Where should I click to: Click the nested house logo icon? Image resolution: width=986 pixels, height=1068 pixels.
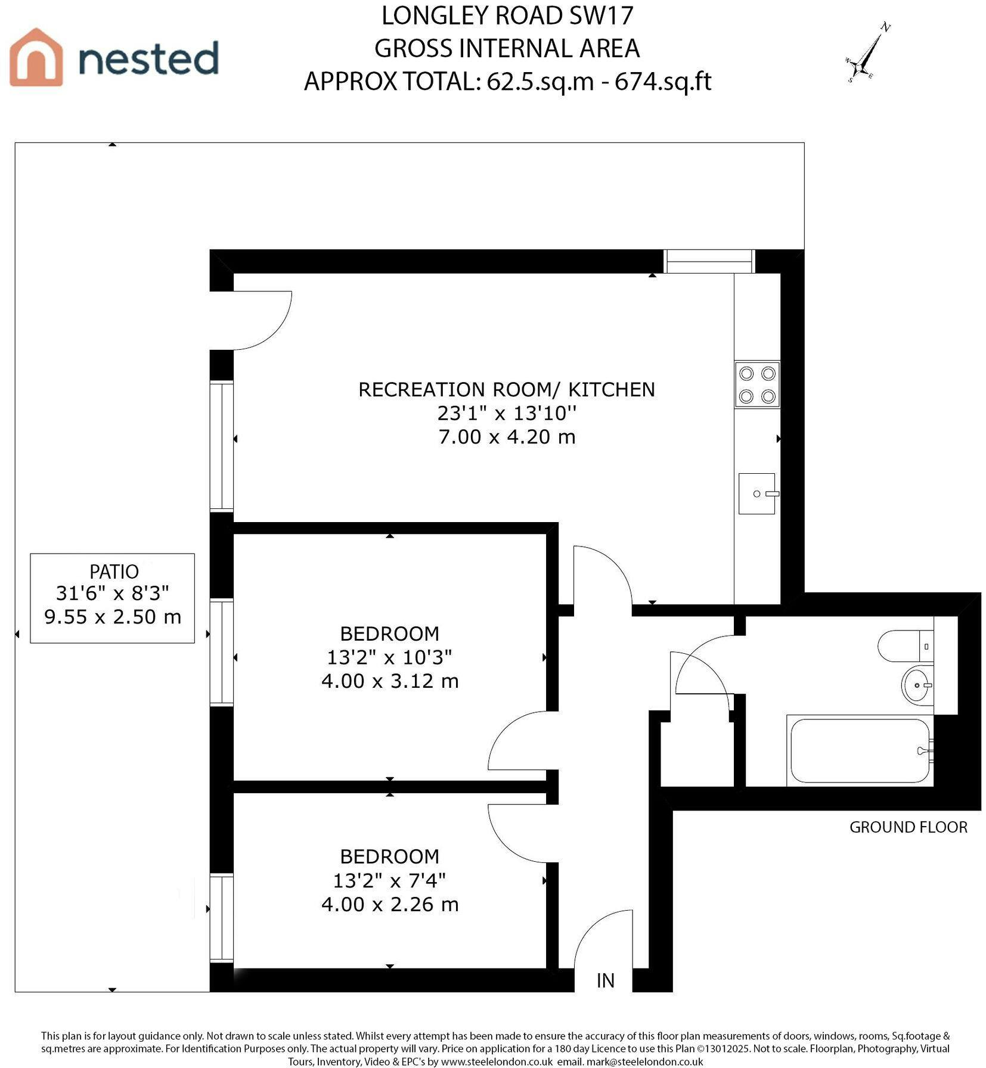click(x=36, y=57)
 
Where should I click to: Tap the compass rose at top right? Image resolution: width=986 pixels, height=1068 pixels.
click(x=867, y=52)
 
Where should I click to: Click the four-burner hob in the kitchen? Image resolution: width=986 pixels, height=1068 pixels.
click(x=757, y=384)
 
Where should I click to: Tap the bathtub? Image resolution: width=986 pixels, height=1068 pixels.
click(x=860, y=750)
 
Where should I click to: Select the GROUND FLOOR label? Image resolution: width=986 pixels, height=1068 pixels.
click(x=908, y=827)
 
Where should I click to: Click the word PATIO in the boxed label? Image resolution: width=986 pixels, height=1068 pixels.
click(x=114, y=572)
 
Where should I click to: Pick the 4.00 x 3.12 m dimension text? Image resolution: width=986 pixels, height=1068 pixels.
click(x=390, y=681)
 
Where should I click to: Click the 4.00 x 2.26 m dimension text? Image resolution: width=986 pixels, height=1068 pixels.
click(x=390, y=904)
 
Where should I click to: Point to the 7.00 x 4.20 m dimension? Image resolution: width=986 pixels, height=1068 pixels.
click(x=507, y=437)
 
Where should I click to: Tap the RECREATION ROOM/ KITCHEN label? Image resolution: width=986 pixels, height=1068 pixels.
click(x=507, y=389)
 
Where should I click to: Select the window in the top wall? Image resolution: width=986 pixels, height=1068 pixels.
click(x=709, y=261)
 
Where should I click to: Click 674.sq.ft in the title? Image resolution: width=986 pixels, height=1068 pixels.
click(x=663, y=81)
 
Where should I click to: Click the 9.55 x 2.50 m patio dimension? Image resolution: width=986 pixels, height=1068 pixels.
click(x=113, y=616)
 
